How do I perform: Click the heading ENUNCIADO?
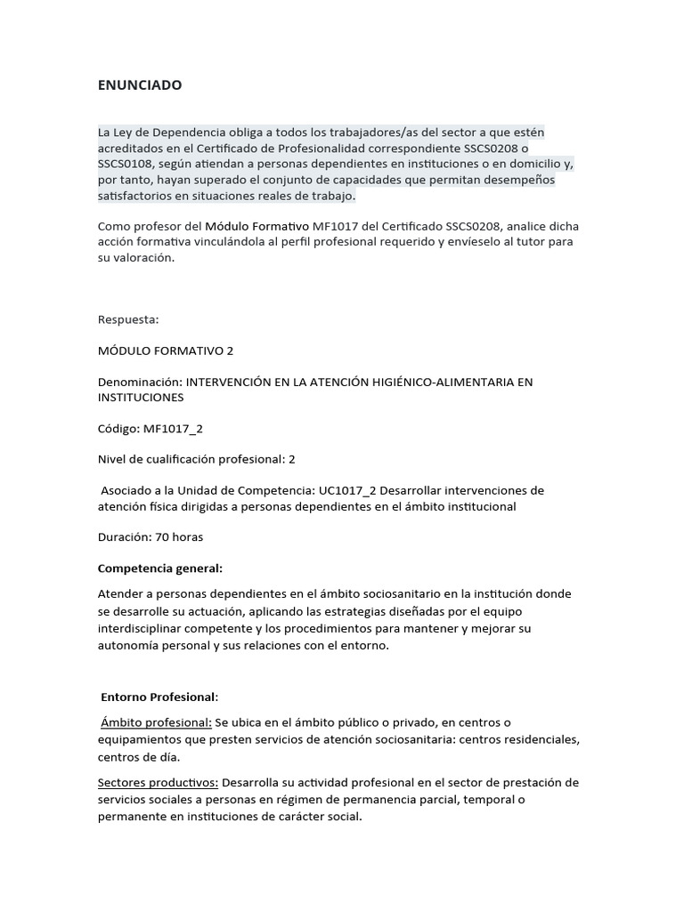click(x=140, y=85)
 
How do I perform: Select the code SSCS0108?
click(x=128, y=165)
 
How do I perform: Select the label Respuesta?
click(x=128, y=318)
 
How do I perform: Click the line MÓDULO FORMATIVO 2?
click(x=165, y=351)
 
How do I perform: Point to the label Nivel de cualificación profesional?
click(x=190, y=459)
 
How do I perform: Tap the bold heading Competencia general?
click(x=160, y=568)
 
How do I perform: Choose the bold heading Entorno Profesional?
click(x=159, y=697)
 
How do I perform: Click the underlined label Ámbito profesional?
click(x=156, y=722)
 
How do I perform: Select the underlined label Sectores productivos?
click(x=158, y=783)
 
